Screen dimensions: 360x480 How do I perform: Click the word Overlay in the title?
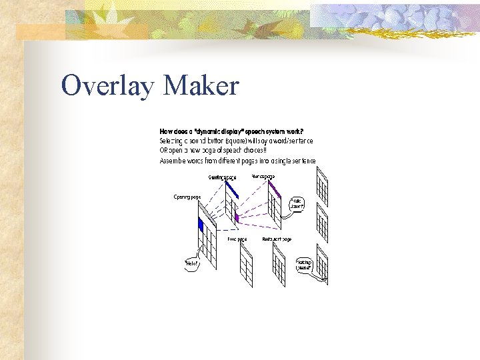[x=107, y=86]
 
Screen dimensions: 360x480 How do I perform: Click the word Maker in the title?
[x=200, y=86]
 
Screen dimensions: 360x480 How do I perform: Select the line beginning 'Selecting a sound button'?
[x=236, y=141]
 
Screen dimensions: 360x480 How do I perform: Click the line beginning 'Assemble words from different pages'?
[x=237, y=161]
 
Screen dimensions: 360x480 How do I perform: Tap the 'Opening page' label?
[x=187, y=197]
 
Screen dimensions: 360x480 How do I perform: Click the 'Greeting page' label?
[x=222, y=177]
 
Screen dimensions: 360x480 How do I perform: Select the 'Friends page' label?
[x=263, y=176]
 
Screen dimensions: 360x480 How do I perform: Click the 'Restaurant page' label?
[x=277, y=239]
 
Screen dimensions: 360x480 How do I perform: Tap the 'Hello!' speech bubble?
[x=191, y=263]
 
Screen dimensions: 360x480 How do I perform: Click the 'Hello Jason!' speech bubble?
[x=298, y=204]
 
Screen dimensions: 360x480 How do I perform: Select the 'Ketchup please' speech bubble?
[x=304, y=265]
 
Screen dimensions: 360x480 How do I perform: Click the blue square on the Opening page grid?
[x=200, y=225]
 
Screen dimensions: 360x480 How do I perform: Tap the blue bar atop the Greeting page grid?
[x=231, y=190]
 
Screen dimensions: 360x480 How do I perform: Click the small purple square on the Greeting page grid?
[x=237, y=217]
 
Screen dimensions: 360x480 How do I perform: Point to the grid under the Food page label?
[x=245, y=267]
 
